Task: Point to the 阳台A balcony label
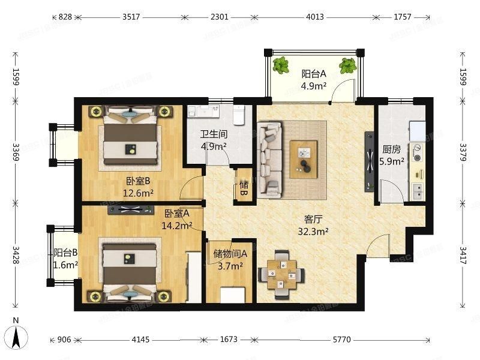point(313,74)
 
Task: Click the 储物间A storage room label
point(227,253)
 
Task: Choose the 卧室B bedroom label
point(138,181)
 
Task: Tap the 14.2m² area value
point(177,226)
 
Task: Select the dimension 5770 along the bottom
point(341,340)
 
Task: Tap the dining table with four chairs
point(281,274)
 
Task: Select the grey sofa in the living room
point(269,159)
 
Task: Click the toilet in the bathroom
point(238,114)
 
